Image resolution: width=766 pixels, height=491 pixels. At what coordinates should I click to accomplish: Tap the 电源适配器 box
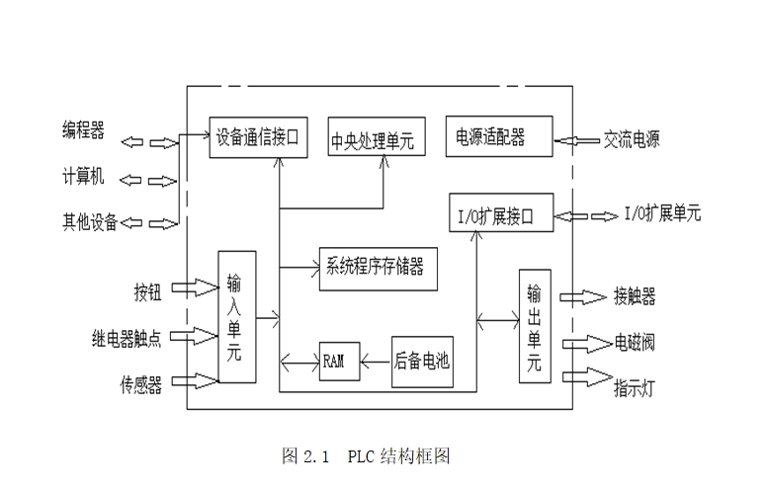(x=498, y=135)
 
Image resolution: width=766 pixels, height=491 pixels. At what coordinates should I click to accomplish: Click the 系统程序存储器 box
(x=377, y=267)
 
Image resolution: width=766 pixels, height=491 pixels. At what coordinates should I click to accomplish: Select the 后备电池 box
(x=422, y=361)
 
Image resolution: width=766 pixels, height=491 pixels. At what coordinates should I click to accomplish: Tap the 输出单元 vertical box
(x=534, y=325)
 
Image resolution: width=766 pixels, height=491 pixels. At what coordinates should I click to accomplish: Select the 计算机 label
(x=83, y=178)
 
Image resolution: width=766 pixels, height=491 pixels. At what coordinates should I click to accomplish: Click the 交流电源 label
(x=632, y=139)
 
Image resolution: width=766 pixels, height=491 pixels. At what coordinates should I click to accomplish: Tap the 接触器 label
(x=635, y=295)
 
